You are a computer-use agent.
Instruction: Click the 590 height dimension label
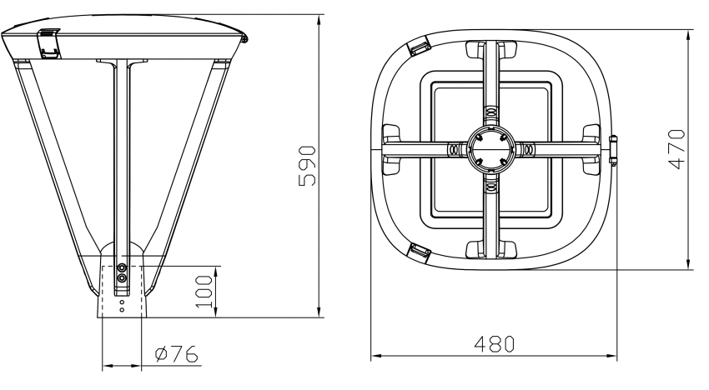coord(307,166)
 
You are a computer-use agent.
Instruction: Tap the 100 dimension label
coord(204,292)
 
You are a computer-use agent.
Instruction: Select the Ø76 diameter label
coord(176,354)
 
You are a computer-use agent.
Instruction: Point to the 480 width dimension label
coord(495,344)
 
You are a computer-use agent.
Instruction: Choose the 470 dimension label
coord(676,149)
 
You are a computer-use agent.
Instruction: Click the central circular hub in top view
coord(490,148)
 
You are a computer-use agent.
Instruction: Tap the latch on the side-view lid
coord(49,43)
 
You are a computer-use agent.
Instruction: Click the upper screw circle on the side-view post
coord(122,267)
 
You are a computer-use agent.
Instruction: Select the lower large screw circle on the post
coord(122,278)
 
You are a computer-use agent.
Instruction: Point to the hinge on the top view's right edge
coord(613,148)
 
